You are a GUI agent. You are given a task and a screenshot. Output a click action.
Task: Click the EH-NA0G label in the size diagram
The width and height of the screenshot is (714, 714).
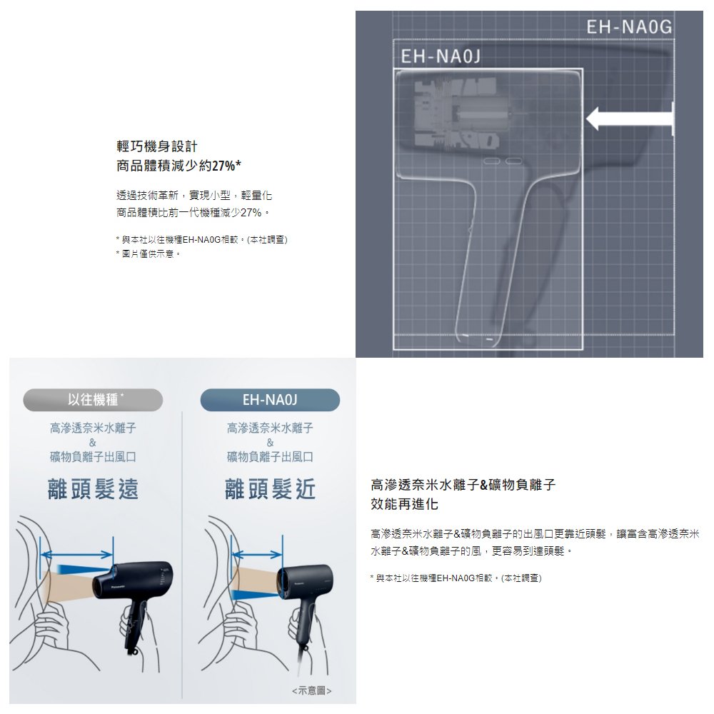click(629, 27)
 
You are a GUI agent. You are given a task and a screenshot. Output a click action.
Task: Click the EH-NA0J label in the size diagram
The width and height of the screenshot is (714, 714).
click(441, 56)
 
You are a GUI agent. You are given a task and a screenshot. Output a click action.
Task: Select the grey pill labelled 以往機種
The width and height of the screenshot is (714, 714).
click(93, 400)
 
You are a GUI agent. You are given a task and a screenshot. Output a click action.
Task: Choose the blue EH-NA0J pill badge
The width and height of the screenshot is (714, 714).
click(270, 400)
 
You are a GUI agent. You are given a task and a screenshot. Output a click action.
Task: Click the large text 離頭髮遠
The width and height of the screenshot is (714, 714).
click(93, 490)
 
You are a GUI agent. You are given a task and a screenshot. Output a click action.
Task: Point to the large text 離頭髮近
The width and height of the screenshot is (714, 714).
click(270, 490)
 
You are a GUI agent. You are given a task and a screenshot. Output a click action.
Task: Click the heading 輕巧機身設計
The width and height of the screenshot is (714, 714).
click(157, 146)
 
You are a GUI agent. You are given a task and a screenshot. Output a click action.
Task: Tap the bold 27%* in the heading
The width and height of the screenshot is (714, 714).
click(226, 166)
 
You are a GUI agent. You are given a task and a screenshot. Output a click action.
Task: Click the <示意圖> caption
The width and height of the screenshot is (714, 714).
click(312, 690)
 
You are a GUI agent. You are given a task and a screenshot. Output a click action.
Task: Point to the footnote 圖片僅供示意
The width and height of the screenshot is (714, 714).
click(148, 253)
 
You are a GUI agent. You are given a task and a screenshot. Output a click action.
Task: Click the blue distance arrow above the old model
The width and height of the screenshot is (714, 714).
click(76, 554)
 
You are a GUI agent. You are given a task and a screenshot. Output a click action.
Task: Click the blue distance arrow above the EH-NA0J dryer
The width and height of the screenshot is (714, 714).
click(257, 554)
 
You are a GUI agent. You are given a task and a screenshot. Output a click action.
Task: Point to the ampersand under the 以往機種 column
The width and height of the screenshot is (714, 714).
click(93, 442)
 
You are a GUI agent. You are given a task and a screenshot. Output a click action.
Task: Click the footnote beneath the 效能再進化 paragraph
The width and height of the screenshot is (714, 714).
click(456, 578)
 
